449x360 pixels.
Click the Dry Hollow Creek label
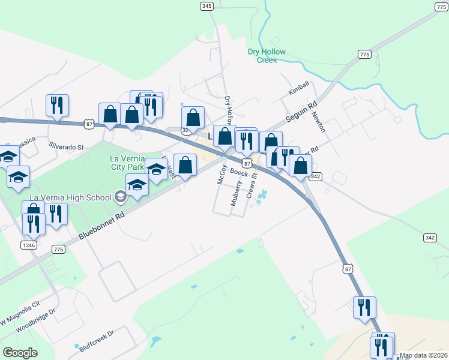267,56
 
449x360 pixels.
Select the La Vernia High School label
70,197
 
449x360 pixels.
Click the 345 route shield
206,6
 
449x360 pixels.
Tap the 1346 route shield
28,245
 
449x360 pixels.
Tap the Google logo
20,353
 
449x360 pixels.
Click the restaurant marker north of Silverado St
58,106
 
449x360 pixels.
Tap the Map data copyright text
423,355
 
